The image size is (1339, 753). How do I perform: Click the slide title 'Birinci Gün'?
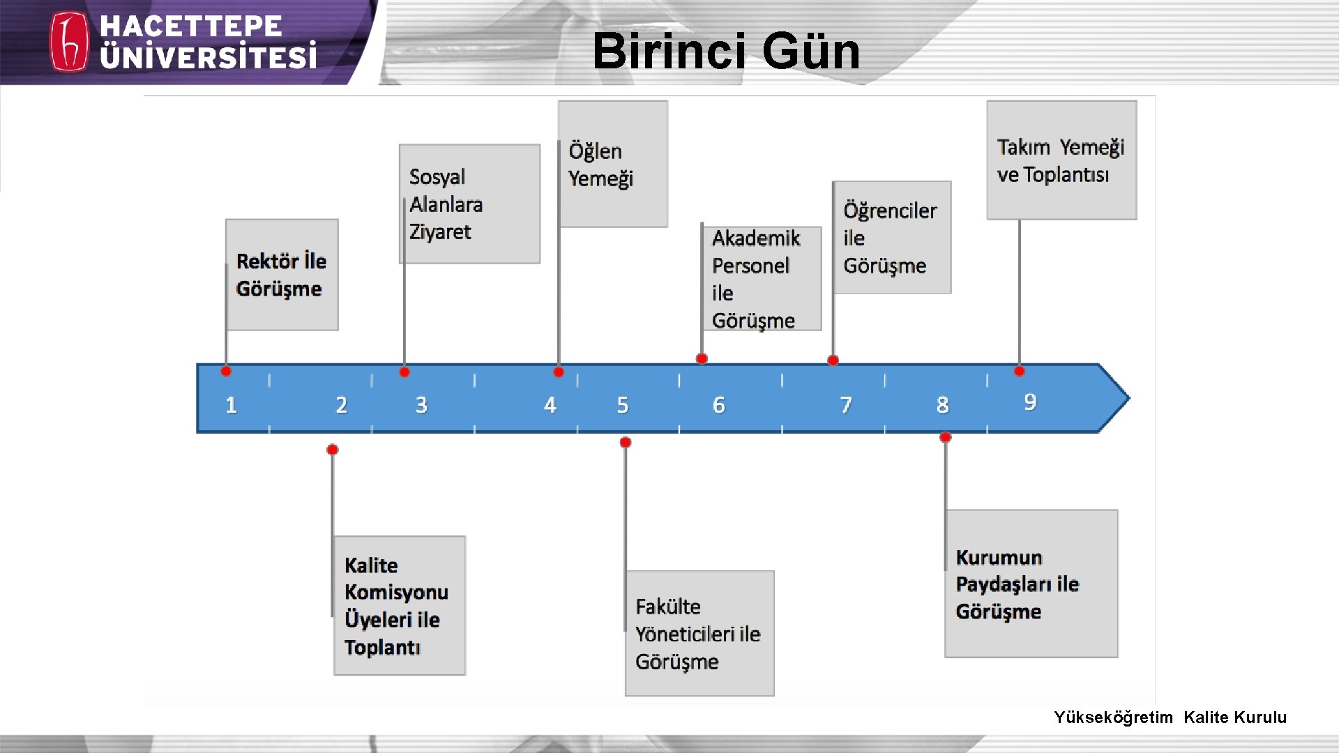tap(726, 51)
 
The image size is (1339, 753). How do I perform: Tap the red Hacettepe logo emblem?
tap(69, 42)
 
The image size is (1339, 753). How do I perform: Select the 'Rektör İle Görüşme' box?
tap(282, 275)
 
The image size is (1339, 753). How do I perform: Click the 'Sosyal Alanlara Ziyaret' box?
tap(469, 204)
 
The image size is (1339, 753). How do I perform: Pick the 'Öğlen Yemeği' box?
tap(612, 164)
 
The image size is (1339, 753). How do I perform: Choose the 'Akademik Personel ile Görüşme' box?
tap(761, 278)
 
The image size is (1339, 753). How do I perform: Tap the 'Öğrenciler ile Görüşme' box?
tap(891, 238)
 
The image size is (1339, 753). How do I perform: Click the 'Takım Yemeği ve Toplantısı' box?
tap(1061, 160)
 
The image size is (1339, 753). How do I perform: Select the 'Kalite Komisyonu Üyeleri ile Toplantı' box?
tap(399, 605)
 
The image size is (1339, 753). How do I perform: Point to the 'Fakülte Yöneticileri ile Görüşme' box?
tap(699, 633)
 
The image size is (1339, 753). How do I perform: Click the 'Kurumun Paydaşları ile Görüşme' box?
tap(1031, 584)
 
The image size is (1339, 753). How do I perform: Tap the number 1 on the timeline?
tap(231, 405)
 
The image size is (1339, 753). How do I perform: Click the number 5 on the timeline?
tap(623, 405)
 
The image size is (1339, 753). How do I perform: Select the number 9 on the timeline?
tap(1030, 402)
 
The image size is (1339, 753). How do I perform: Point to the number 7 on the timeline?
tap(846, 405)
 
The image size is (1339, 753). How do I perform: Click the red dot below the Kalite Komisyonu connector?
tap(333, 450)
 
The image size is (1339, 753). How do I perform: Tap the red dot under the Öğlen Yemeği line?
tap(559, 372)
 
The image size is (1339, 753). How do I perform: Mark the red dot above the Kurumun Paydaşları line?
tap(946, 437)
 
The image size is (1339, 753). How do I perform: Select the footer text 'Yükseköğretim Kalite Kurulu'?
tap(1170, 717)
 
